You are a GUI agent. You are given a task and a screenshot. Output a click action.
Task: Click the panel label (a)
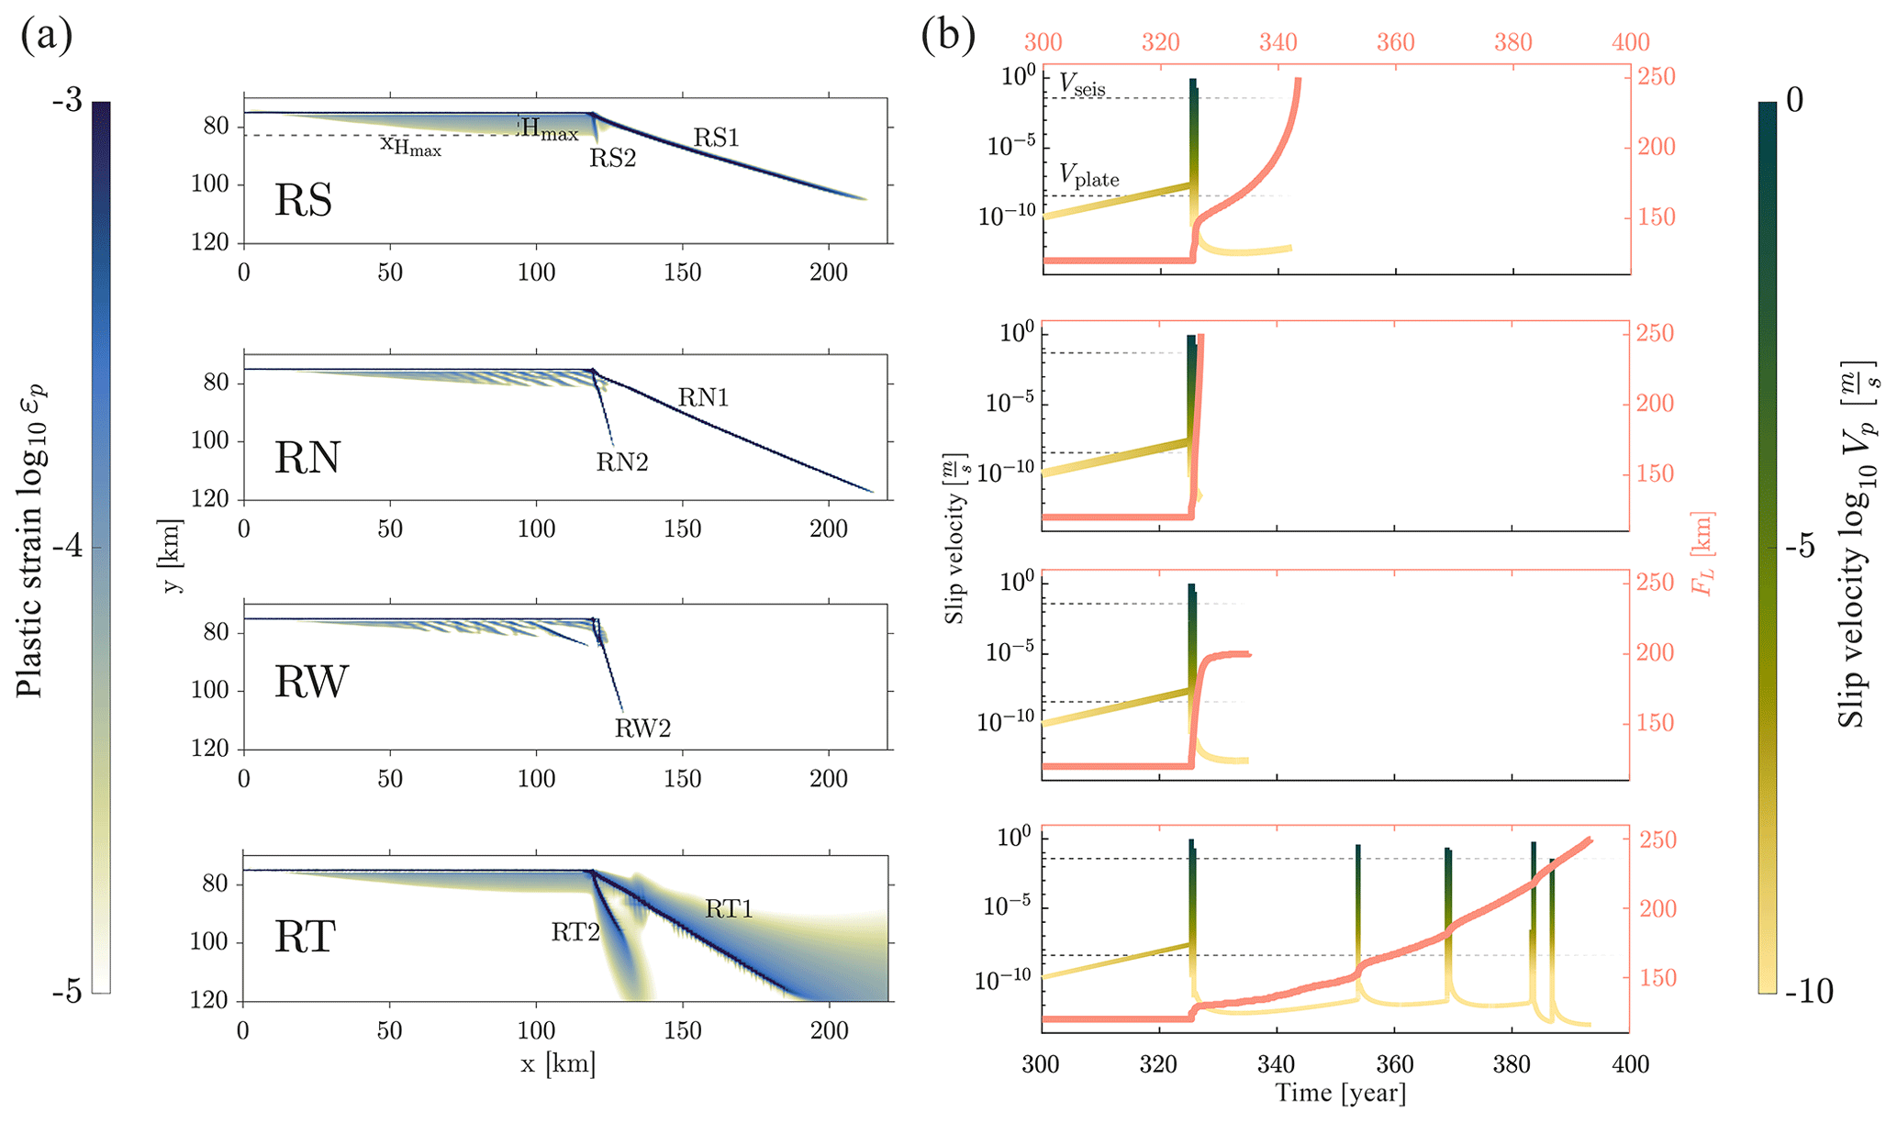tap(46, 38)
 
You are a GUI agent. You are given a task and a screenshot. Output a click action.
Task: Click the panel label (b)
tap(948, 38)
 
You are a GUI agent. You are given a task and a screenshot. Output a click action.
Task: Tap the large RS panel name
tap(303, 201)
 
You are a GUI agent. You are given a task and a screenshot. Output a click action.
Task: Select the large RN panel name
tap(307, 457)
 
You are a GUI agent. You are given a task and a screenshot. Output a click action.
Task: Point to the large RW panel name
tap(311, 682)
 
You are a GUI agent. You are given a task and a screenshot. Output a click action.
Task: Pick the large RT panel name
tap(306, 937)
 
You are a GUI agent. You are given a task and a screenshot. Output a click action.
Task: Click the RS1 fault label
tap(716, 138)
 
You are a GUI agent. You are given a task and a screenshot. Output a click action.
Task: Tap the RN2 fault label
tap(622, 462)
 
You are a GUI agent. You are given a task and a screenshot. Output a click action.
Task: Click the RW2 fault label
tap(642, 728)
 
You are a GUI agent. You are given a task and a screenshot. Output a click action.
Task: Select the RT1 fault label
tap(729, 909)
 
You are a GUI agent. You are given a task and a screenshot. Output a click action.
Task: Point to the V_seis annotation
tap(1082, 84)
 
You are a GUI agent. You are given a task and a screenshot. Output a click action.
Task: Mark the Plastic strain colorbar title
tap(31, 541)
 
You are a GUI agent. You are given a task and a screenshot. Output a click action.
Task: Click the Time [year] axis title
tap(1340, 1093)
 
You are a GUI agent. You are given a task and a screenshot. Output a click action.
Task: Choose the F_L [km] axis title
tap(1704, 553)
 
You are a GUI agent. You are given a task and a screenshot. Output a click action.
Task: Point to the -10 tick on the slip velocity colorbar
tap(1808, 992)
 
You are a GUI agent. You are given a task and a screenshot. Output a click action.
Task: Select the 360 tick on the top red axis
tap(1395, 42)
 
